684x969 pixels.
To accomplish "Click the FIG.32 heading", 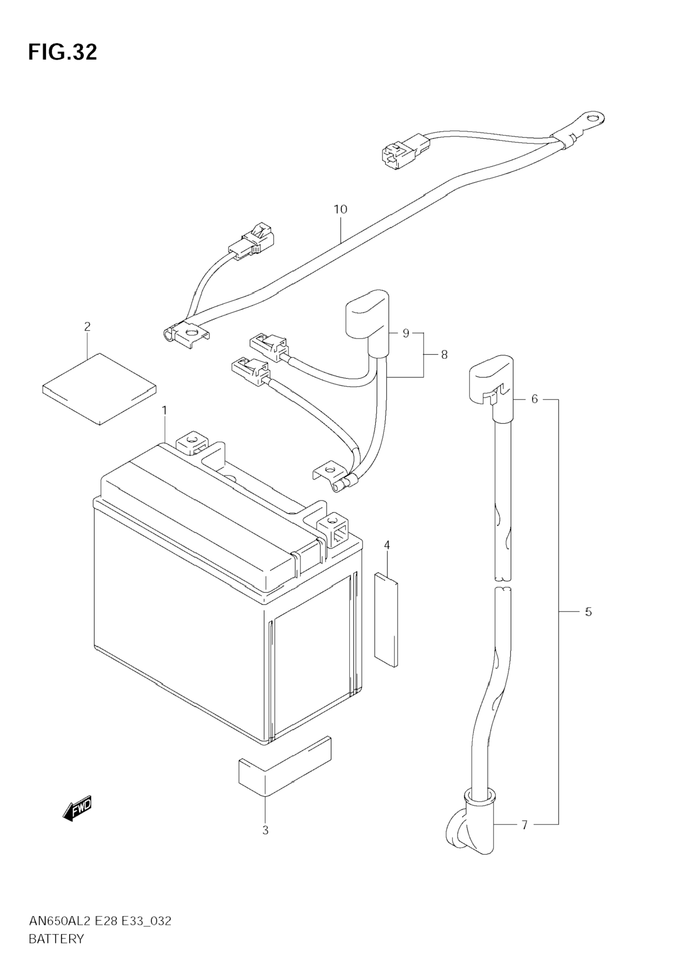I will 63,52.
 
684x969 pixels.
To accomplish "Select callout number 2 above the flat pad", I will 88,326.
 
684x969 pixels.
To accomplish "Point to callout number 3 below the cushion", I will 265,831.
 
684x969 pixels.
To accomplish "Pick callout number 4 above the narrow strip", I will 387,545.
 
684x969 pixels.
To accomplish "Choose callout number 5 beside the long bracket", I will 588,612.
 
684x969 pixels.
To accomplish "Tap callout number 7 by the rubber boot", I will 524,825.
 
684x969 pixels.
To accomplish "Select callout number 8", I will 444,355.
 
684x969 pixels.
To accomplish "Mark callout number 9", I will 406,333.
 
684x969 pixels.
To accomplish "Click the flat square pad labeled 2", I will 99,389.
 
